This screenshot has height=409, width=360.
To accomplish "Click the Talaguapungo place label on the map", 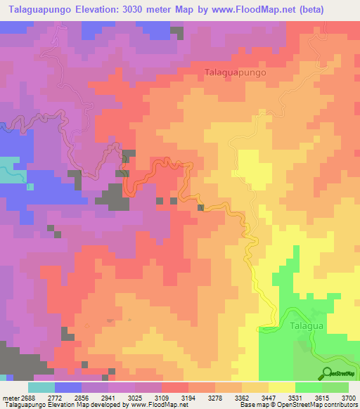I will tap(236, 72).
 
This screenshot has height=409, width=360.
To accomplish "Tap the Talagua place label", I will tap(306, 326).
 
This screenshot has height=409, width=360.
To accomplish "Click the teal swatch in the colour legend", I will tap(41, 387).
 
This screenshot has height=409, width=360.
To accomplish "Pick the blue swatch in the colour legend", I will tap(68, 387).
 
